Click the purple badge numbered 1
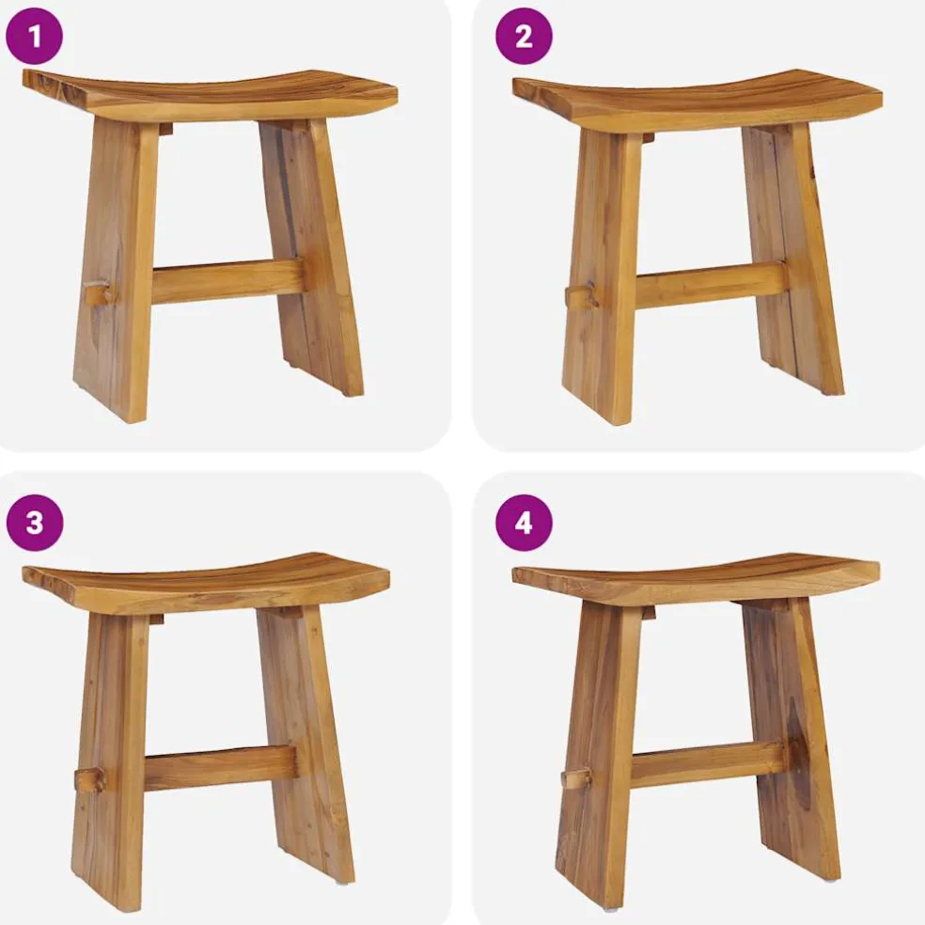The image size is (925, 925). pyautogui.click(x=34, y=37)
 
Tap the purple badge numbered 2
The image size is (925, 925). pyautogui.click(x=524, y=37)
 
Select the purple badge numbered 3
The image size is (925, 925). pyautogui.click(x=34, y=523)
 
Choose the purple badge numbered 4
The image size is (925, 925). pyautogui.click(x=524, y=523)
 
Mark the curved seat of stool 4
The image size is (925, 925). pyautogui.click(x=697, y=579)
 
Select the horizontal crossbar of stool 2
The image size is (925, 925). pyautogui.click(x=712, y=285)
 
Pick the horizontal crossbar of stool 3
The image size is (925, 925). pyautogui.click(x=220, y=768)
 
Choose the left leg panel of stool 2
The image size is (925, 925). pyautogui.click(x=602, y=277)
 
